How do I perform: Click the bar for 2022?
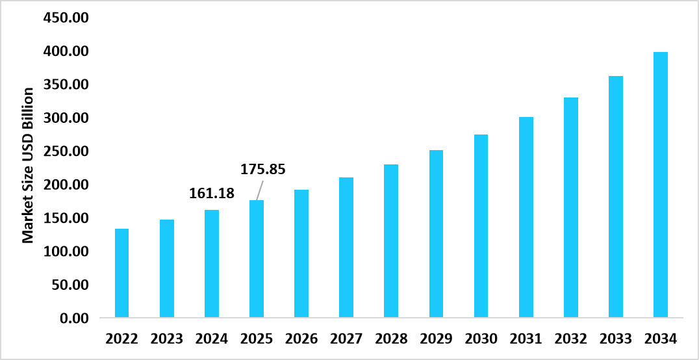coord(121,274)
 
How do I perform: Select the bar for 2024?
coord(211,264)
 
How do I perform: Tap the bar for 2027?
coord(346,248)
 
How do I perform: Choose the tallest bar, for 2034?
coord(660,185)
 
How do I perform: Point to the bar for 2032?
coord(570,208)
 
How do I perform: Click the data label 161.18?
coord(212,193)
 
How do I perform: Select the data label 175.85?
coord(263,170)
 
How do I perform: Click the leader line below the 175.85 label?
coord(260,189)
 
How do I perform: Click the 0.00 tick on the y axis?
coord(73,318)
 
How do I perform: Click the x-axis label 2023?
coord(166,339)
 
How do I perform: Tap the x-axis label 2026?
coord(301,339)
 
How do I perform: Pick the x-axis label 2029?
coord(436,339)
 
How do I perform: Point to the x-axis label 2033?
coord(615,339)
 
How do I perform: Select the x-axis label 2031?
coord(526,339)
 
